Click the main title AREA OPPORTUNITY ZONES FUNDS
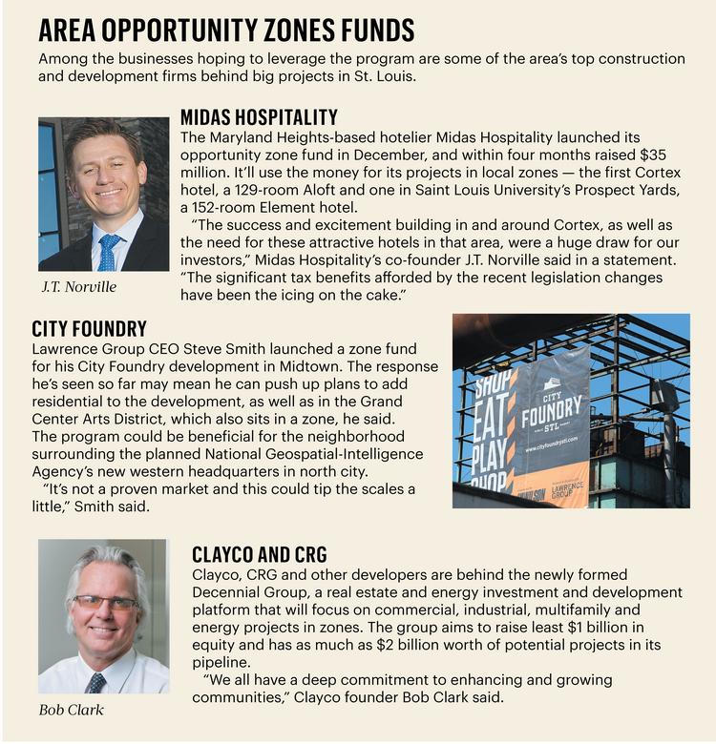tap(226, 31)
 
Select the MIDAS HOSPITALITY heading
tap(259, 117)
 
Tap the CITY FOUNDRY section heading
tap(89, 330)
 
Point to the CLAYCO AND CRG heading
tap(259, 554)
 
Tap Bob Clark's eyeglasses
tap(104, 603)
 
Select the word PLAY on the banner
tap(490, 457)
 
